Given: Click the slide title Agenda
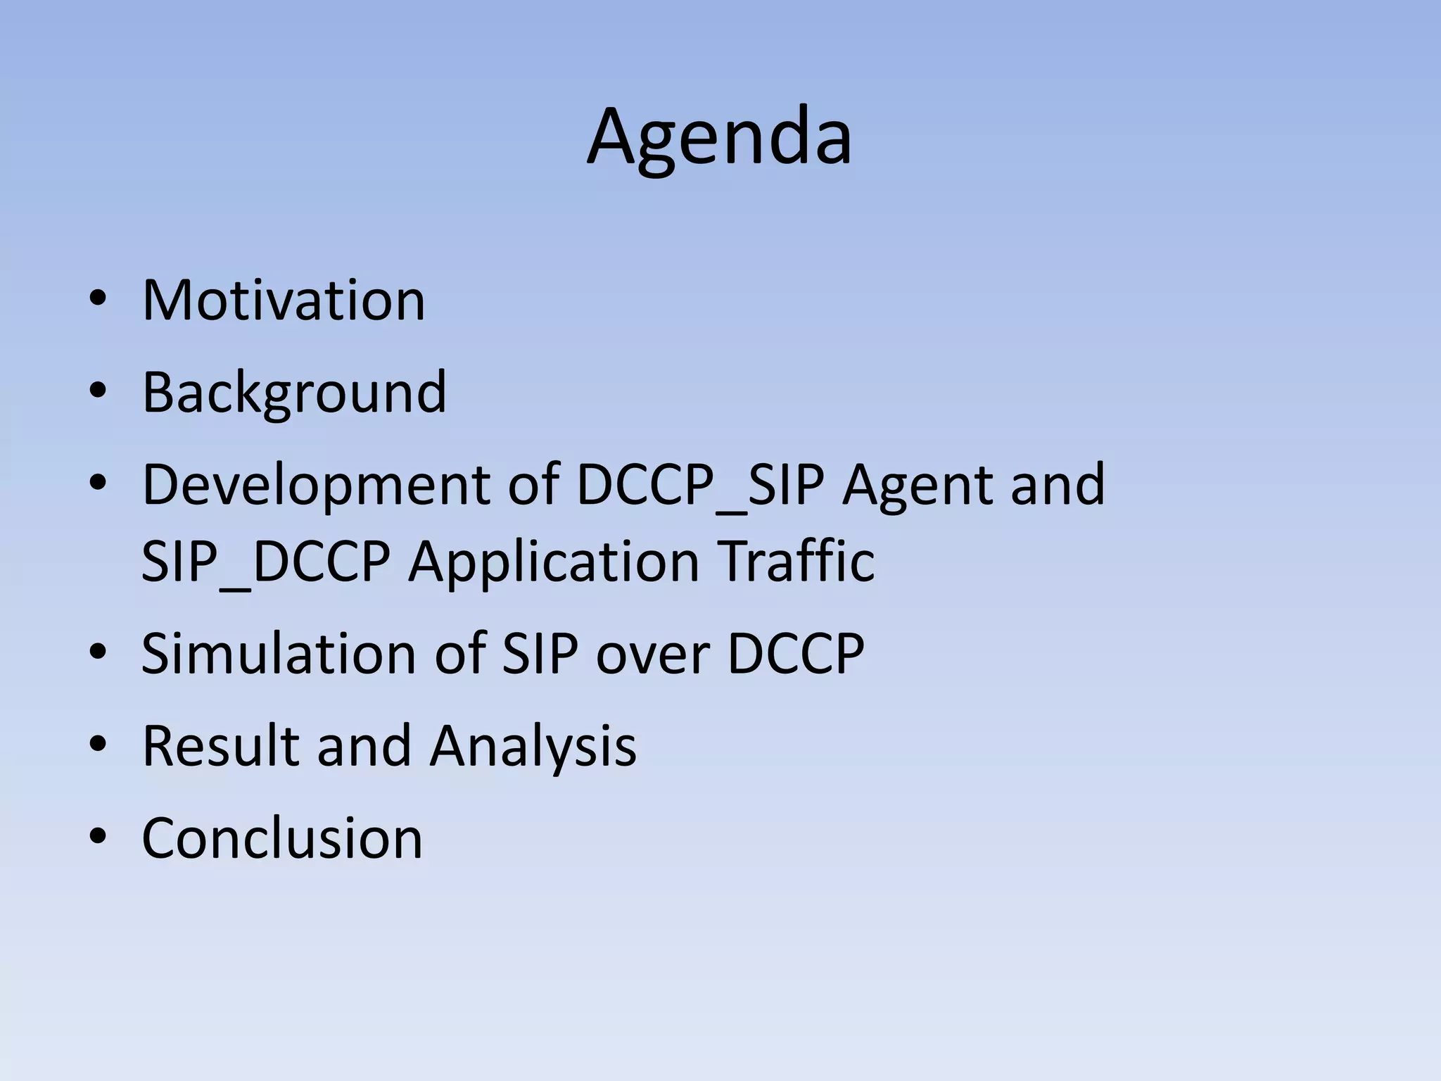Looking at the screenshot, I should click(x=719, y=137).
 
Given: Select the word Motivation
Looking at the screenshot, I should click(x=284, y=301).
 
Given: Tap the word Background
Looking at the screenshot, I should click(x=294, y=393).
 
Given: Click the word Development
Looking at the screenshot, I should click(x=315, y=486).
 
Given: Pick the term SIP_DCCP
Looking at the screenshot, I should click(x=265, y=562).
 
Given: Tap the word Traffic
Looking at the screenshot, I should click(x=797, y=562).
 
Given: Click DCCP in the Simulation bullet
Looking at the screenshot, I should click(x=795, y=654).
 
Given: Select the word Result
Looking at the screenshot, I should click(x=220, y=746).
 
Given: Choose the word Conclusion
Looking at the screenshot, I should click(x=282, y=838).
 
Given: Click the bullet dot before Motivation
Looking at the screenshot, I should click(x=98, y=298).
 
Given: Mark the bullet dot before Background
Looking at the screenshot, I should click(x=98, y=391).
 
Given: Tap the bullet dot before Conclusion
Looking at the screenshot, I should click(x=98, y=836).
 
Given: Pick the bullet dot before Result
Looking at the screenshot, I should click(x=98, y=744).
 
